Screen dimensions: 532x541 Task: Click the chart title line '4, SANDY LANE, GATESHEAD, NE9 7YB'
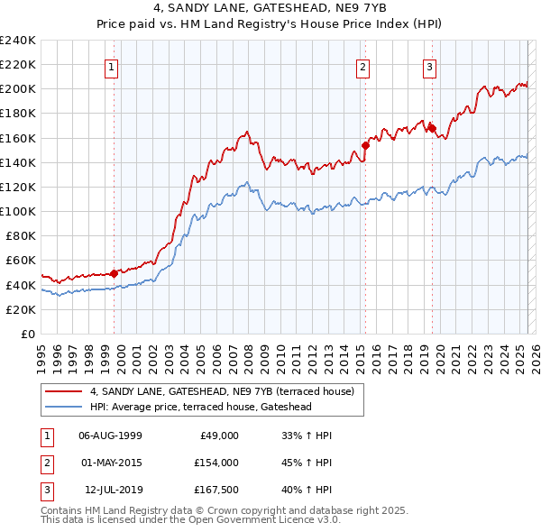(270, 11)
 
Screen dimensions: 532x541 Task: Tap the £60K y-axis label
(21, 261)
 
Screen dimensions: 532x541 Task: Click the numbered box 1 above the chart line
(111, 67)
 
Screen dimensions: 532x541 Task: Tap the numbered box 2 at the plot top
(362, 67)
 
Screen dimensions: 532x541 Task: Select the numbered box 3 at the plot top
(429, 67)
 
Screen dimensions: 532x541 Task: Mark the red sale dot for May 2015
(365, 145)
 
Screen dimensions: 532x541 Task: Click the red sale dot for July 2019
(432, 128)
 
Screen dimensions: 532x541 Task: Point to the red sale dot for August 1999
(114, 273)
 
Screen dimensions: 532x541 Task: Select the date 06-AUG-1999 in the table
(110, 436)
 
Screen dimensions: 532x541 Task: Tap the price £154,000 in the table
(216, 463)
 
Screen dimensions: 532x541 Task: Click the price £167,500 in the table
(216, 490)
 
